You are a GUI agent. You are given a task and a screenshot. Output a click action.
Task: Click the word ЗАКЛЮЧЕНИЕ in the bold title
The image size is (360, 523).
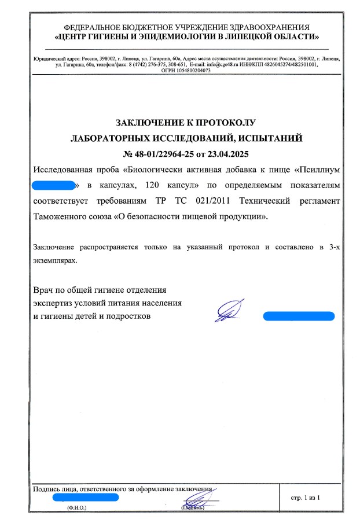point(148,123)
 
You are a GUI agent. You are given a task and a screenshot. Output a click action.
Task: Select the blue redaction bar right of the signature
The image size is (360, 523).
point(299,316)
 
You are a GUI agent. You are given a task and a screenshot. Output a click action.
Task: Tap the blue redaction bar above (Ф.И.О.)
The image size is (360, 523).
point(85,497)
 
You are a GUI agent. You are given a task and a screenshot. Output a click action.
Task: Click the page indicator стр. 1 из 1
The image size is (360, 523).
point(304,498)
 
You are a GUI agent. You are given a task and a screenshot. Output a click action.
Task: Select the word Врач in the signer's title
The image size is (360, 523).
point(43,288)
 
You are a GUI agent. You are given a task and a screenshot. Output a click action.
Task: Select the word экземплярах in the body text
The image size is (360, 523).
point(55,260)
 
